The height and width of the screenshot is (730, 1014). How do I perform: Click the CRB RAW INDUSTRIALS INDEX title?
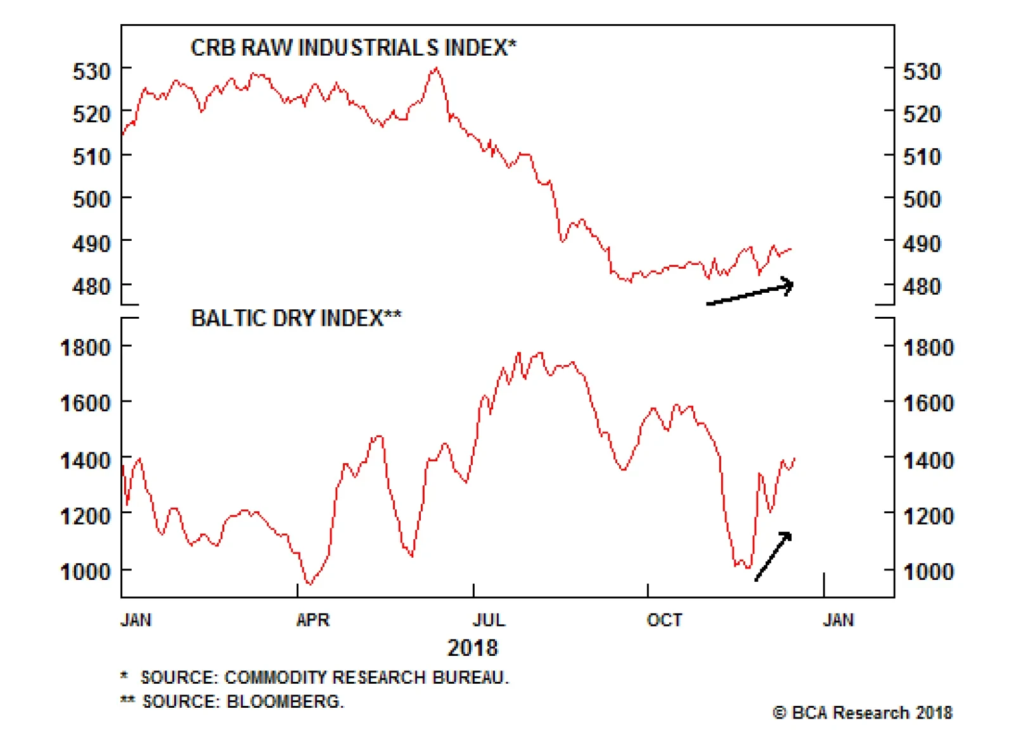click(x=353, y=48)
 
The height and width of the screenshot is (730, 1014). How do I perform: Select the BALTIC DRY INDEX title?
click(x=296, y=317)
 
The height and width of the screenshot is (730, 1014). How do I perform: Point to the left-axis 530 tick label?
click(x=92, y=71)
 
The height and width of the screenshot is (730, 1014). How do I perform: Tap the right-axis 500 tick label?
click(x=921, y=199)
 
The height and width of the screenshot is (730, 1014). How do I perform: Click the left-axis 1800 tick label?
click(x=86, y=347)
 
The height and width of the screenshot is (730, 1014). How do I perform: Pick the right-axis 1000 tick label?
click(x=928, y=571)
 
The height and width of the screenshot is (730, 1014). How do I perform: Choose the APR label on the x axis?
click(x=312, y=620)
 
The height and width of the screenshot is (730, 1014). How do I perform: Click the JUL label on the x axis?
click(x=489, y=620)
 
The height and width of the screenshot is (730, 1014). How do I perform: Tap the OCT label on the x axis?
click(x=664, y=620)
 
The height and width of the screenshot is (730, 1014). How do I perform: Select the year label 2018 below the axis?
click(x=473, y=648)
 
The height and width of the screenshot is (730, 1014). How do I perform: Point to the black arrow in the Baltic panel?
click(x=773, y=556)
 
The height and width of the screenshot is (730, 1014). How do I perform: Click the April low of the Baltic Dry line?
click(x=309, y=583)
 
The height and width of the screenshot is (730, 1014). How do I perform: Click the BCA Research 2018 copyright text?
click(x=863, y=713)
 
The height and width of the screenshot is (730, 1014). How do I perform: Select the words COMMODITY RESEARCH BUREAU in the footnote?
click(x=366, y=677)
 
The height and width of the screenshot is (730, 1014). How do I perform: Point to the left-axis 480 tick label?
click(x=92, y=286)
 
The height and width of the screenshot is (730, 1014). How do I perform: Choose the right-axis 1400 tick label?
click(x=928, y=459)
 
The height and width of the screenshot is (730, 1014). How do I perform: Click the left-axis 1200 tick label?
click(x=86, y=516)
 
